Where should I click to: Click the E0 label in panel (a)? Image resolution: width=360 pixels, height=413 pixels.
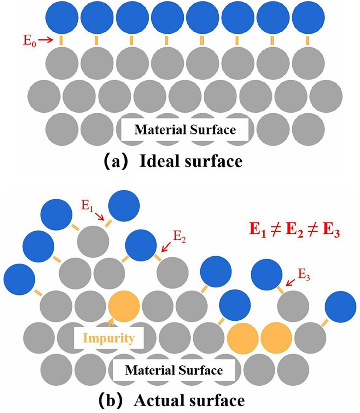pos(30,41)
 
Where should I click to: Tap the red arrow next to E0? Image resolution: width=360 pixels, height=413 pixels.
pos(45,40)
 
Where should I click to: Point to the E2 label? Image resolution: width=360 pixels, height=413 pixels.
pos(180,237)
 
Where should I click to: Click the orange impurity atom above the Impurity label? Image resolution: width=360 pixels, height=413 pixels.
pos(124,306)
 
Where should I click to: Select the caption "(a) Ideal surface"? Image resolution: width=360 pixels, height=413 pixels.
pos(173,161)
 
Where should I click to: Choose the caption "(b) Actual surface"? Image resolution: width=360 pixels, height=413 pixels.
pos(171,400)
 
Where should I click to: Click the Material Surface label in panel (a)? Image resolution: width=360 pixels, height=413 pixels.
pos(185,130)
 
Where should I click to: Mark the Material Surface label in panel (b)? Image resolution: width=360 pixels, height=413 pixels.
pos(174,370)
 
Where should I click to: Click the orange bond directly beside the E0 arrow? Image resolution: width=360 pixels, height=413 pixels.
pos(61,40)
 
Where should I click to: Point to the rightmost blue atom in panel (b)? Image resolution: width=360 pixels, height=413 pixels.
pos(340,307)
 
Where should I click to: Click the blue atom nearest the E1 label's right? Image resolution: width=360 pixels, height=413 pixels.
pos(124,206)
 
